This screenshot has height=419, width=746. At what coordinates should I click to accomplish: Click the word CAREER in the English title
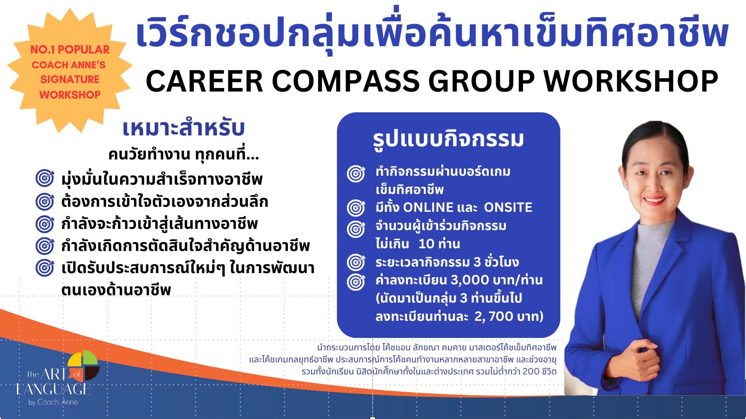coord(204,81)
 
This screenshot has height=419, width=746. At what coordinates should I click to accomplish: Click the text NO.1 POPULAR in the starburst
coord(70,50)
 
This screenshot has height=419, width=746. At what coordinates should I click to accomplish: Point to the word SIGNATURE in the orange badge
coord(70,79)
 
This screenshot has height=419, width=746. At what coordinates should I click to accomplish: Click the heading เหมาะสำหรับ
coord(183,128)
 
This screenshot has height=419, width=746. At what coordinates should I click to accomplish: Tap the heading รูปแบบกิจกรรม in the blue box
coord(448,139)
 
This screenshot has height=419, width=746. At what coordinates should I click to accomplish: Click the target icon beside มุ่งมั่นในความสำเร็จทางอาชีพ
coord(45,178)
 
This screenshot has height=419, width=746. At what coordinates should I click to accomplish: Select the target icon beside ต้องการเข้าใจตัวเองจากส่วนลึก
coord(45,201)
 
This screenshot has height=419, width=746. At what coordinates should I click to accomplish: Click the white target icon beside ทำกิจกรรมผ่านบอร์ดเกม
coord(356,173)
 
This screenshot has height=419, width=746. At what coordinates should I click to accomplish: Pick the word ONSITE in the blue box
coord(508,208)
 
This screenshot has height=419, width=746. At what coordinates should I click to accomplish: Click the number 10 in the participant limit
coord(426,244)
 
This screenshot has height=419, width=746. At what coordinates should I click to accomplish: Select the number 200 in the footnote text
coord(531,371)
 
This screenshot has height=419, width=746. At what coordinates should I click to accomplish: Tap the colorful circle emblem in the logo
coord(83,365)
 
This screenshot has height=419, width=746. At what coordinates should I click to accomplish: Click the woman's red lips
coord(654,201)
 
